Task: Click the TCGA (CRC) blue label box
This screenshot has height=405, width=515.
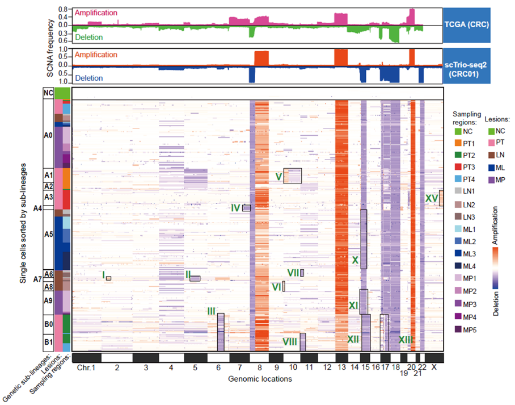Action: click(x=467, y=25)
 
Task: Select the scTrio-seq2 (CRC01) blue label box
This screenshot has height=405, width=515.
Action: click(x=467, y=66)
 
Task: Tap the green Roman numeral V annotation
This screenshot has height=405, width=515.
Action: click(x=279, y=177)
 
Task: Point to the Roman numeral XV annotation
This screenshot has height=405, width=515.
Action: click(x=432, y=198)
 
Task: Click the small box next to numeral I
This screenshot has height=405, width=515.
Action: click(x=108, y=278)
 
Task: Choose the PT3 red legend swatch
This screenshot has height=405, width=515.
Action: click(x=458, y=167)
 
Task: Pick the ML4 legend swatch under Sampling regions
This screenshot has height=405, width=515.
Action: click(x=458, y=266)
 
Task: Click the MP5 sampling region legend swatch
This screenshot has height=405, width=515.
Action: click(x=458, y=329)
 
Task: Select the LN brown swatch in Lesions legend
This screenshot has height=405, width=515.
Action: click(x=491, y=155)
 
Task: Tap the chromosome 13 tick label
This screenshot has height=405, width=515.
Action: click(x=341, y=367)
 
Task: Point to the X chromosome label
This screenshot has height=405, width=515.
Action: click(x=434, y=367)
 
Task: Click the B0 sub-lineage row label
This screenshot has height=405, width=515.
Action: click(x=48, y=324)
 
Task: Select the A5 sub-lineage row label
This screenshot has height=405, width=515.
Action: click(x=48, y=234)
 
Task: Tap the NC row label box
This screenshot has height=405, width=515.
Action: click(x=48, y=93)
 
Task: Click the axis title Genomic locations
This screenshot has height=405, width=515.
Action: click(x=260, y=379)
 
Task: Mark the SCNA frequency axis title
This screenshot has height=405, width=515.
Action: click(x=50, y=48)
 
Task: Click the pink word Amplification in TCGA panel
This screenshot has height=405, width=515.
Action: click(x=96, y=13)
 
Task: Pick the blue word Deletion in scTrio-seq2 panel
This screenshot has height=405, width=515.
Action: click(x=88, y=78)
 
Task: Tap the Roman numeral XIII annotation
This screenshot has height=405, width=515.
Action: click(x=406, y=340)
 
